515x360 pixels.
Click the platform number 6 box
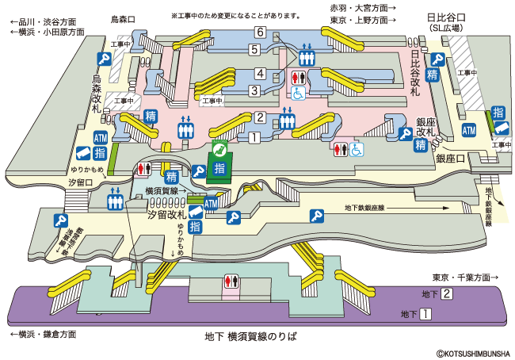[259, 33]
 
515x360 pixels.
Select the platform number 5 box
[254, 50]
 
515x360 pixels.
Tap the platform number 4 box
[259, 74]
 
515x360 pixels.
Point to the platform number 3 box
[254, 90]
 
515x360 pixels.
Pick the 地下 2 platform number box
[447, 295]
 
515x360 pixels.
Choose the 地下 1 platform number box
[425, 315]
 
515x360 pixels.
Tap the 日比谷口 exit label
[446, 17]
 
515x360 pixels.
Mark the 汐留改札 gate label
[166, 215]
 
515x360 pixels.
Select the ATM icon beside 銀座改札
[469, 131]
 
